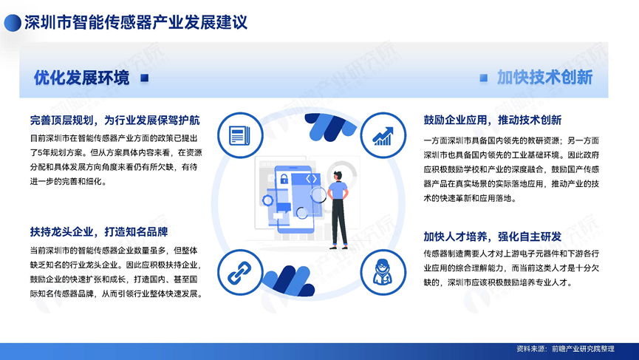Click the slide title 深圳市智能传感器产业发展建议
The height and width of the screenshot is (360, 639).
coord(136,22)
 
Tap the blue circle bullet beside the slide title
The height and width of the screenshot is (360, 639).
coord(13,23)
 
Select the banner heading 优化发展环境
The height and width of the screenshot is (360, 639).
coord(81,78)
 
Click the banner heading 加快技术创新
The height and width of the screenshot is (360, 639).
coord(545,78)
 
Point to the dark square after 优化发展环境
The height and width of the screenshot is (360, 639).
coord(144,78)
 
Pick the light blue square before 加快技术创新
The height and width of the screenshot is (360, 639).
coord(483,78)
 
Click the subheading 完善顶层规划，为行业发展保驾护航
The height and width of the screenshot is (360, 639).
coord(115,120)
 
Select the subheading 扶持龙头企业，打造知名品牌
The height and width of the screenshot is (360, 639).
coord(99,232)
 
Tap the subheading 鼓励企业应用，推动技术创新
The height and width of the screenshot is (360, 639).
coord(493,120)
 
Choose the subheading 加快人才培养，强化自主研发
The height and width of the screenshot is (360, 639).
coord(493,237)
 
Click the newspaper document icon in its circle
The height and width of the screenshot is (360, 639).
coord(239,135)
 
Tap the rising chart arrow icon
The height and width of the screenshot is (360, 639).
coord(383,136)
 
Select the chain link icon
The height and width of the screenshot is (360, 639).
coord(239,273)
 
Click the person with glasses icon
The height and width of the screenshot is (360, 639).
coord(383,272)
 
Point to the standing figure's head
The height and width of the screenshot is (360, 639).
coord(338,176)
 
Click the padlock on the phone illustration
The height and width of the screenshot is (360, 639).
coord(284,179)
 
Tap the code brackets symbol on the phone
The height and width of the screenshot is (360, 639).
coord(311,179)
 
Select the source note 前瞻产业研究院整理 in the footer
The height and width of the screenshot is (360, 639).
coord(583,349)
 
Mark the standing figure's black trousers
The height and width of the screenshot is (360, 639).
coord(339,223)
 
